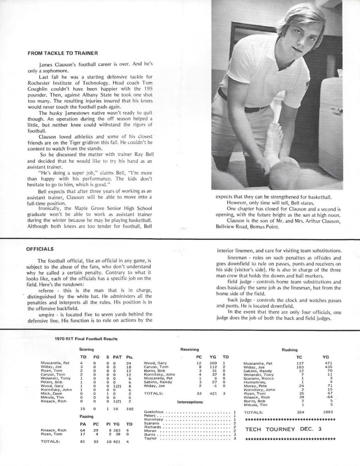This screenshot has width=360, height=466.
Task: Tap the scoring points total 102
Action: (x=130, y=409)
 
